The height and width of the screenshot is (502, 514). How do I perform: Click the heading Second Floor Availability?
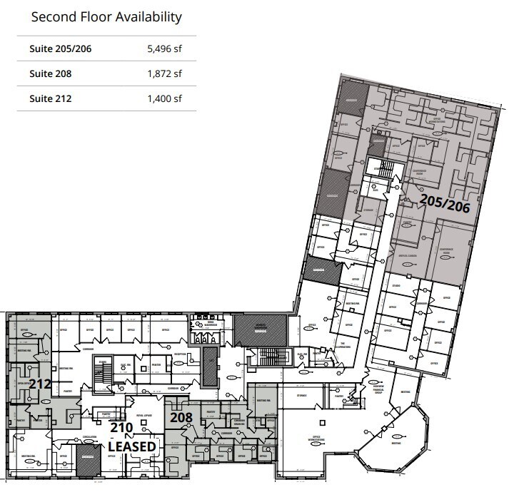106,16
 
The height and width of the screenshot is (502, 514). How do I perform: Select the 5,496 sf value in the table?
164,49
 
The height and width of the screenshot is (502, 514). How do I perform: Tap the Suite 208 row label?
51,73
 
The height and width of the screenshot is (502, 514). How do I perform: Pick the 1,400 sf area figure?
164,98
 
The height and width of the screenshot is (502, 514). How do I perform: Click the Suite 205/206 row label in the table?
61,49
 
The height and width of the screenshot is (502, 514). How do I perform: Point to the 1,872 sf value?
164,73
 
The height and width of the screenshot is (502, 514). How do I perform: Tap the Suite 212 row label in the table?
51,98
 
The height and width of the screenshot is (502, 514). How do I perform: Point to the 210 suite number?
121,428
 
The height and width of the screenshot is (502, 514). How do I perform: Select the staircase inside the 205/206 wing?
385,172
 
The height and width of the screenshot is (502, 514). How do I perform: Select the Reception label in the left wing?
180,354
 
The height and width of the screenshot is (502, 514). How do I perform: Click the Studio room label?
396,285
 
